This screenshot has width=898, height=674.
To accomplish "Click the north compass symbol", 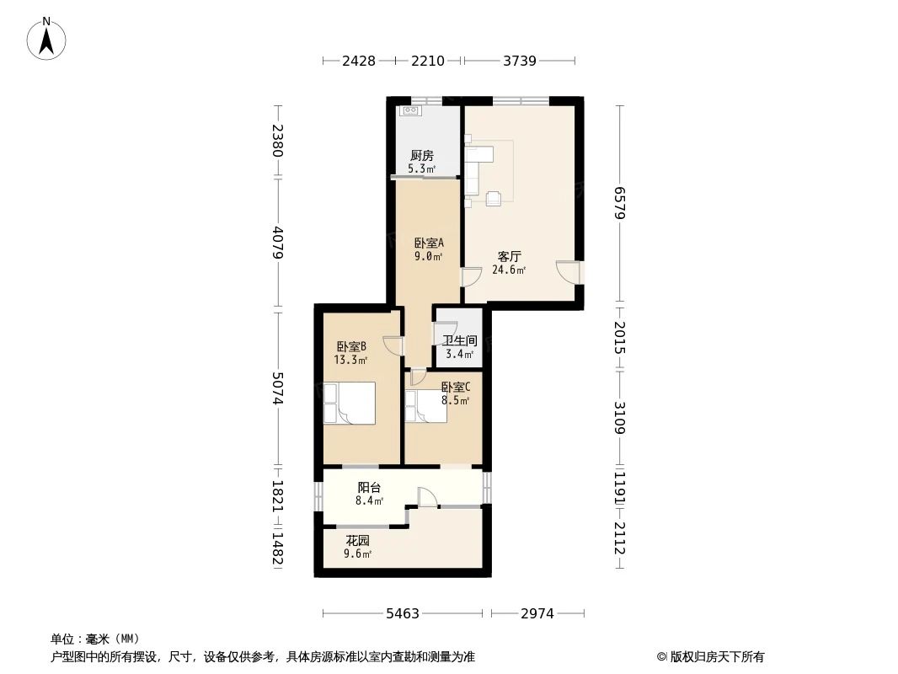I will pyautogui.click(x=47, y=38).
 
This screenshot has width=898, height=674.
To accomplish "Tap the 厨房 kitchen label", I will pyautogui.click(x=422, y=156).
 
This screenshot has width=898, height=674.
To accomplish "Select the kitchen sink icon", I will pyautogui.click(x=411, y=110).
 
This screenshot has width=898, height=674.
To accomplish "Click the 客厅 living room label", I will pyautogui.click(x=508, y=256).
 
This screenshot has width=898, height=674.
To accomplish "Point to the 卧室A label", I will pyautogui.click(x=428, y=243).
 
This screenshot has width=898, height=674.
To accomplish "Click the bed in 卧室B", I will pyautogui.click(x=349, y=403).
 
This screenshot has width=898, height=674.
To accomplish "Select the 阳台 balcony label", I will pyautogui.click(x=369, y=487).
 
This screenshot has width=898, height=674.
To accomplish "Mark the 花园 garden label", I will pyautogui.click(x=357, y=540).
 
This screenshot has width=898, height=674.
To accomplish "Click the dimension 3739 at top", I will pyautogui.click(x=519, y=61).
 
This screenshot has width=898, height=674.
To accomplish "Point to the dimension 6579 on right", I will pyautogui.click(x=620, y=203).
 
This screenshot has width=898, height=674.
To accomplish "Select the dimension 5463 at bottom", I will pyautogui.click(x=404, y=614).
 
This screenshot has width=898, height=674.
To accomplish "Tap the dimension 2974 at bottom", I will pyautogui.click(x=537, y=614).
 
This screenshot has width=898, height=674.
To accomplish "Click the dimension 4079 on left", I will pyautogui.click(x=277, y=242).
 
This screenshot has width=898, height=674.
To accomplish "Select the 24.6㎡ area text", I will pyautogui.click(x=509, y=270).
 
